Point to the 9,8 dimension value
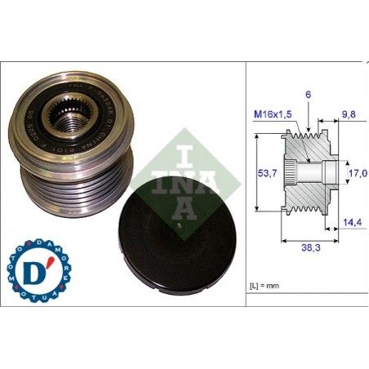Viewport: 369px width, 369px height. click(x=348, y=114)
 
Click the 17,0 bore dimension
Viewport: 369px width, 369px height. click(x=358, y=173)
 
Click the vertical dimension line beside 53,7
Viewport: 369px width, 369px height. click(x=258, y=173)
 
